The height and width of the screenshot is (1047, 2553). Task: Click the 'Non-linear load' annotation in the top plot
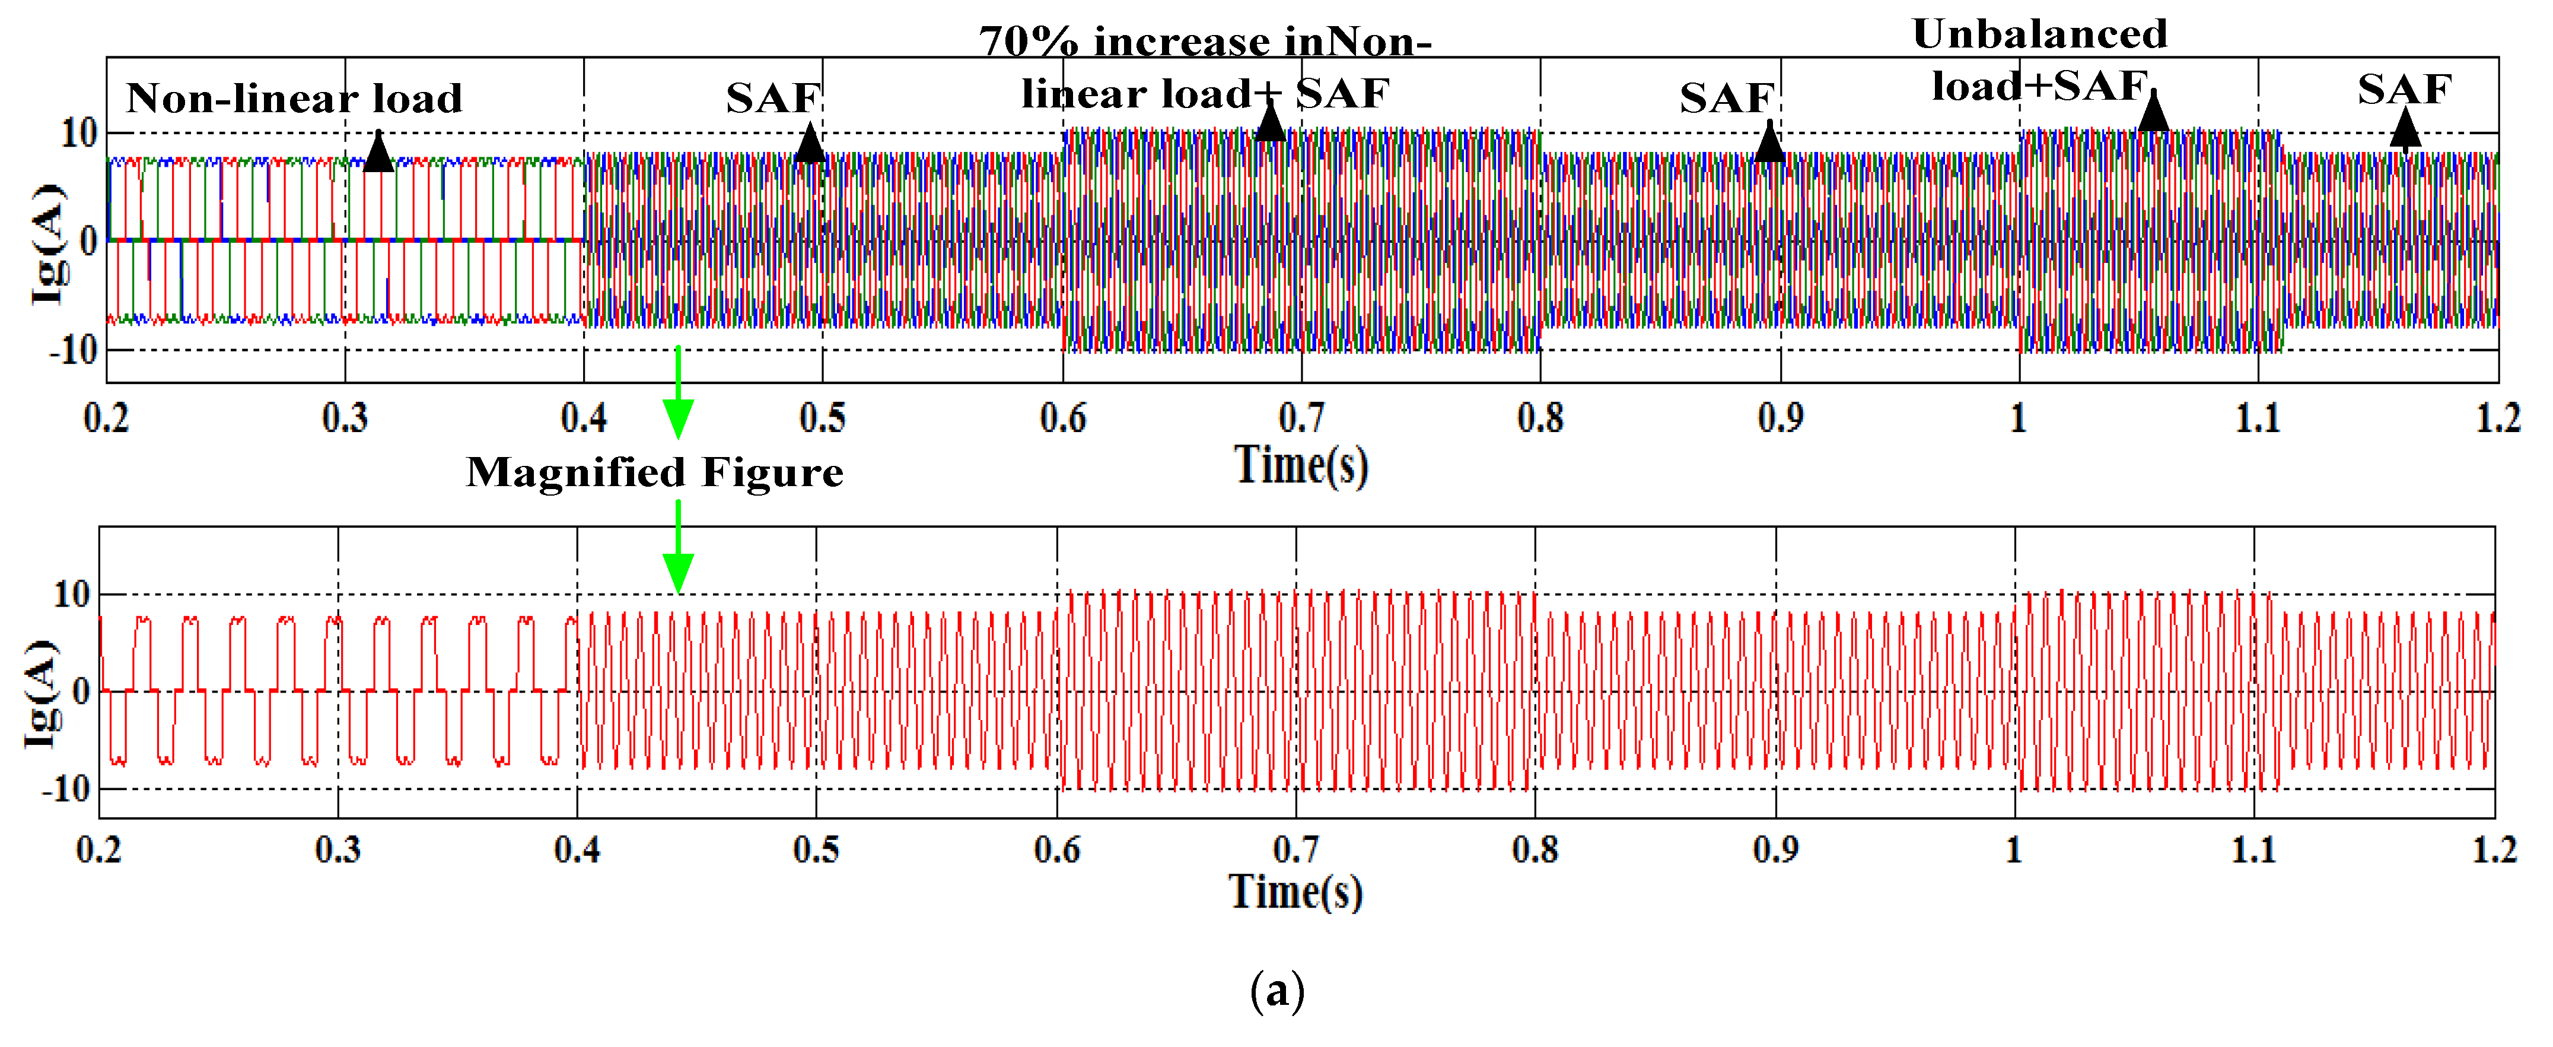coord(294,98)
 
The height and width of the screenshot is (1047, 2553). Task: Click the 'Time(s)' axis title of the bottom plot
coord(1295,891)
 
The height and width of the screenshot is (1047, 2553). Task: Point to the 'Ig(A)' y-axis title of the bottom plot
coord(42,694)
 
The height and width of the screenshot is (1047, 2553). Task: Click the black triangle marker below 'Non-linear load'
coord(378,153)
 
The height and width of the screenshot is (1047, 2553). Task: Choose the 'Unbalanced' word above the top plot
coord(2040,34)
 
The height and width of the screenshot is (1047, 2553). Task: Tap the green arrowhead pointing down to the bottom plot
coord(678,573)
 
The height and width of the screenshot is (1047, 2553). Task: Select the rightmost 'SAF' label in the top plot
coord(2404,89)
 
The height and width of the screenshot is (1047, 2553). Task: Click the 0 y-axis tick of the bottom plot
coord(81,691)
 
